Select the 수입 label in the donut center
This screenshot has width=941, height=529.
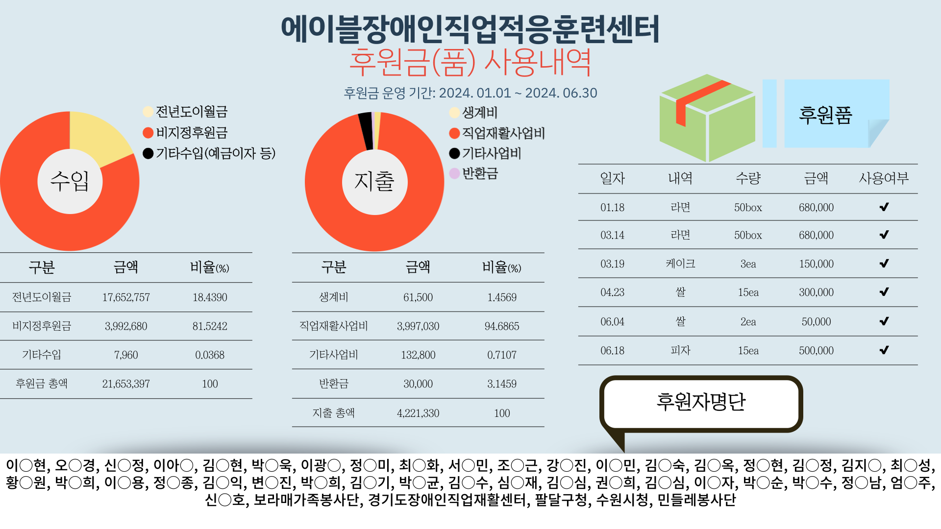pos(70,181)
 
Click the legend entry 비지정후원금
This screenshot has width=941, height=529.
pos(191,133)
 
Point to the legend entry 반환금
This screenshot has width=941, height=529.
pos(479,173)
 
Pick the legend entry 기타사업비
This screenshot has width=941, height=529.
pos(491,153)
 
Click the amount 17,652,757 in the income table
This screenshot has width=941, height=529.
pos(126,297)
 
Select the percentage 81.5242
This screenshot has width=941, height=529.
pos(210,326)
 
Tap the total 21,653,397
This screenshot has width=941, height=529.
pos(126,384)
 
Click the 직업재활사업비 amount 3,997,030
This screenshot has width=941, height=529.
pos(418,326)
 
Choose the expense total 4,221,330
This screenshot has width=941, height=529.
pos(418,413)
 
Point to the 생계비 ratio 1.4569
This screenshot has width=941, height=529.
pos(502,297)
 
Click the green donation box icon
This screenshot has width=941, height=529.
pos(707,118)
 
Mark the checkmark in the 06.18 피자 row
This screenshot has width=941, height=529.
pos(884,350)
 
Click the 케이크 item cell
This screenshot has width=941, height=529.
pos(680,264)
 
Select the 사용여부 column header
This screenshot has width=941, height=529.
pos(884,178)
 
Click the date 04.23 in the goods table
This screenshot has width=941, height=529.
pos(612,292)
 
